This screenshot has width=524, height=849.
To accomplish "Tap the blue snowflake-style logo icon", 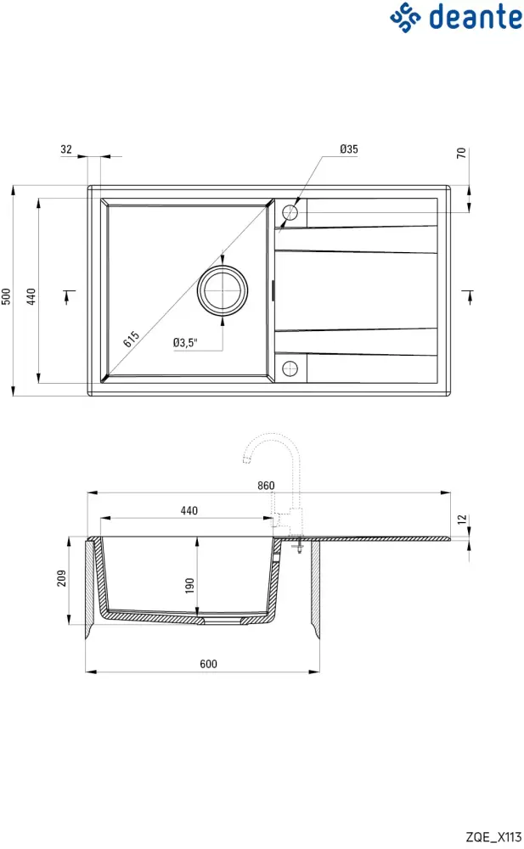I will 406,16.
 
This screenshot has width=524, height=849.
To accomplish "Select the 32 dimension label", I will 66,149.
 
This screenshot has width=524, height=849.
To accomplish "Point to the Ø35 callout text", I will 348,149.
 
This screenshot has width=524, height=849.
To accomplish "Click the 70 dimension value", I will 461,154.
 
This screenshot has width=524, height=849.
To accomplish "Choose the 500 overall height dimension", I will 6,295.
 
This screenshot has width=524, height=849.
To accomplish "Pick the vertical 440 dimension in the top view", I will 31,295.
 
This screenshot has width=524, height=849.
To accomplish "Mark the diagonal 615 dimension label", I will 131,339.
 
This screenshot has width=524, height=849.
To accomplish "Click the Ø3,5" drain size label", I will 185,343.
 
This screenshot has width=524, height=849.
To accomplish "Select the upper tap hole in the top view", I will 290,212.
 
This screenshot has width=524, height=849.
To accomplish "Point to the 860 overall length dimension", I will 266,486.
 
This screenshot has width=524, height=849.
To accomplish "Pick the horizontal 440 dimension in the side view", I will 189,511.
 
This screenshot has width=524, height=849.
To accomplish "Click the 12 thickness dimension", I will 461,519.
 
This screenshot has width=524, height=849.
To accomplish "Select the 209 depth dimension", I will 61,581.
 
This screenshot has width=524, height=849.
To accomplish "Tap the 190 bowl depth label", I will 190,584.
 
